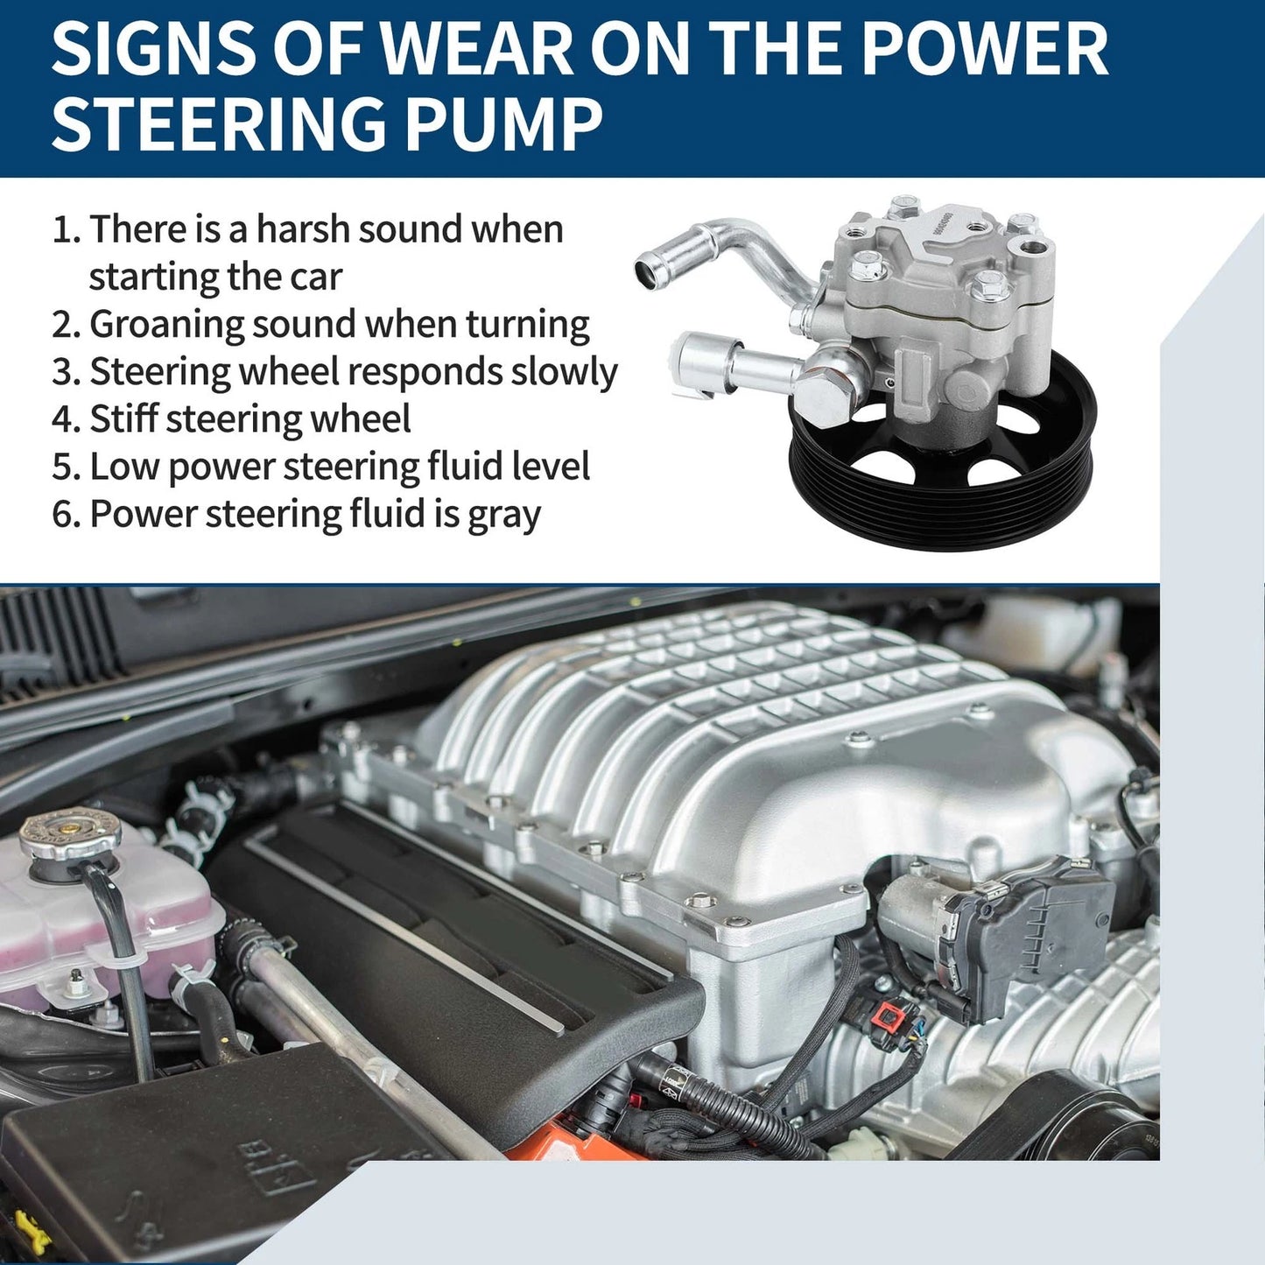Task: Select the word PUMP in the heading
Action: (503, 123)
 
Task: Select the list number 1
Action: (63, 230)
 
